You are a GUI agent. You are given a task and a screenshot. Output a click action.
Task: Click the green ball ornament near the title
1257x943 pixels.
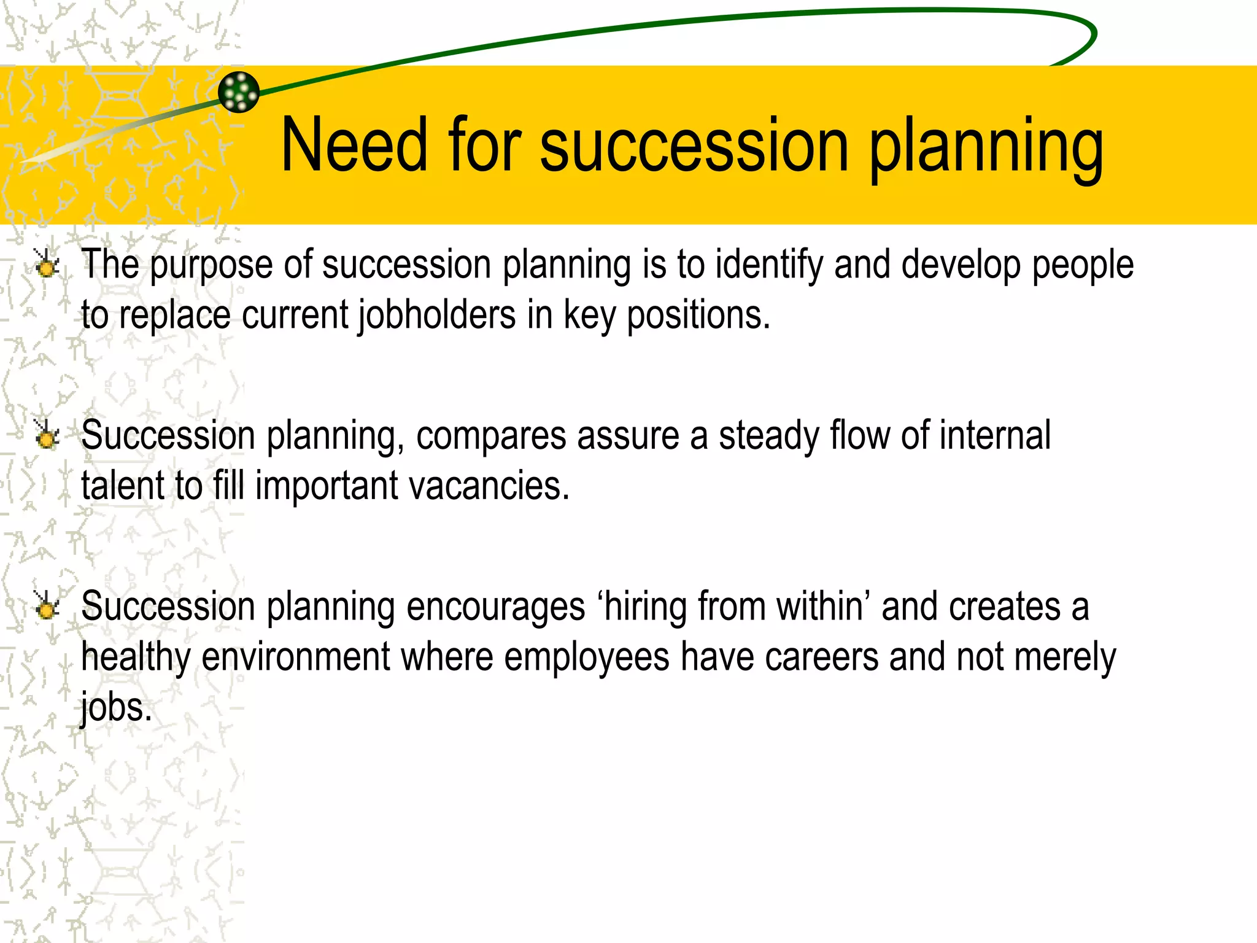click(x=239, y=92)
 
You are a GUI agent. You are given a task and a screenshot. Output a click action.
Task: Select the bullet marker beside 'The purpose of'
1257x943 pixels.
click(x=45, y=265)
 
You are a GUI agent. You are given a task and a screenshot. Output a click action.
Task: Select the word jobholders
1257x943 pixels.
click(x=437, y=316)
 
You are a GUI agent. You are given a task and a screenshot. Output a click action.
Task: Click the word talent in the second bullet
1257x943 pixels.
click(x=122, y=486)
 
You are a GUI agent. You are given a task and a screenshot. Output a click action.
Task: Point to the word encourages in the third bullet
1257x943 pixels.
click(x=496, y=608)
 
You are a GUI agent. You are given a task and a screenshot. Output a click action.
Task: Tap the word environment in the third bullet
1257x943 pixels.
click(x=296, y=657)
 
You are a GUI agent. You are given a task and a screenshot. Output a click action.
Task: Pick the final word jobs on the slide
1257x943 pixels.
click(x=115, y=707)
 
